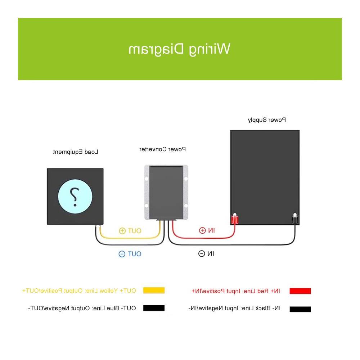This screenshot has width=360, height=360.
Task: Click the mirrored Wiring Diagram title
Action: point(179,49)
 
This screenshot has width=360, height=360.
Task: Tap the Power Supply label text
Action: point(267,120)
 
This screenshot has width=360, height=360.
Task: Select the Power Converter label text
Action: point(163,149)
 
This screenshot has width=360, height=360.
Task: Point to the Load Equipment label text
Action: point(76,152)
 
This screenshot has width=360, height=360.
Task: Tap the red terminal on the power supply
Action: point(235,219)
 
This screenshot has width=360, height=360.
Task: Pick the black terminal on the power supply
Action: point(295,219)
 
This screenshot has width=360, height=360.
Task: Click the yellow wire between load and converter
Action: point(130,238)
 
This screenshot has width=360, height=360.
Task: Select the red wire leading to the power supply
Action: point(204,238)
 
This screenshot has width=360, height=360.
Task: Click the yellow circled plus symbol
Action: point(122,231)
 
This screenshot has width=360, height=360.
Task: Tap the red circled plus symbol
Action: point(202,230)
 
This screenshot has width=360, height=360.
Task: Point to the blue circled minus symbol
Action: point(122,254)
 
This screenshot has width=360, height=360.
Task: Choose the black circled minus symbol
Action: point(202,254)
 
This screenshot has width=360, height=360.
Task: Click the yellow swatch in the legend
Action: point(154,290)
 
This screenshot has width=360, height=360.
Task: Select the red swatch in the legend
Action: point(300,291)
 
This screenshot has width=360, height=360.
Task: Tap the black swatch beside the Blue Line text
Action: point(154,308)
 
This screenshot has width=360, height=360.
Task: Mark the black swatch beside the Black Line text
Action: point(300,309)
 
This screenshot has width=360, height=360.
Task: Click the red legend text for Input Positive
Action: point(236,291)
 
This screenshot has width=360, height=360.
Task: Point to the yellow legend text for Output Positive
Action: point(79,291)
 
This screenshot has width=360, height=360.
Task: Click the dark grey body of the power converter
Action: point(166,192)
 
